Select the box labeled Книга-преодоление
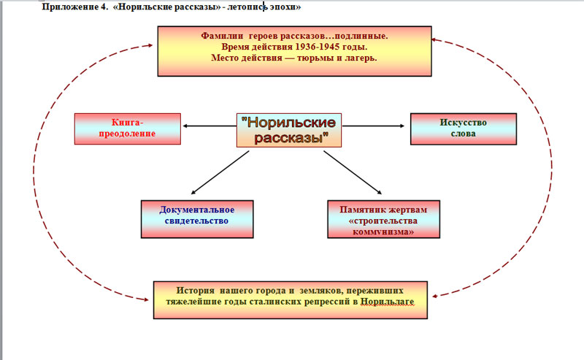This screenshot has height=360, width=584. coord(128,129)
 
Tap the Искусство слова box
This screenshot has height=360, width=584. coord(463,129)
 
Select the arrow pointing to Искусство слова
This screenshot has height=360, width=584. coord(377,126)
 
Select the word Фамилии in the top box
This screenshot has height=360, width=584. coord(223,36)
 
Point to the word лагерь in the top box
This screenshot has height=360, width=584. coord(359,58)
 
